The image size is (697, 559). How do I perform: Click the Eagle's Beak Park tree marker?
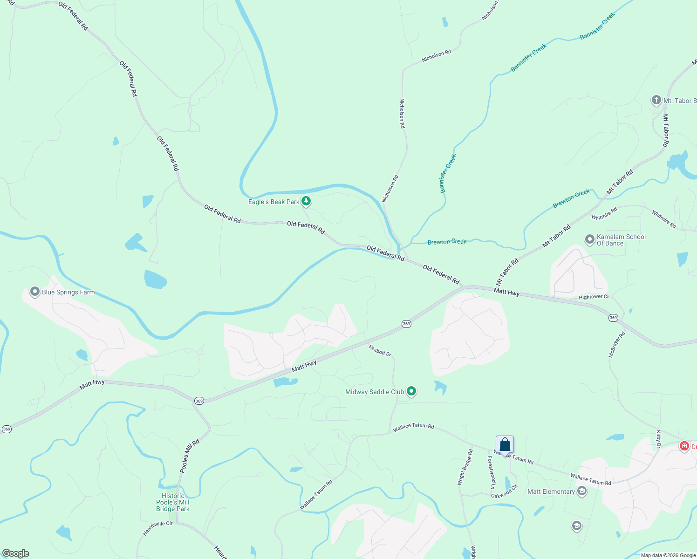tap(306, 201)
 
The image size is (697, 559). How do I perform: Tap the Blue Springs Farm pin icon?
tap(34, 292)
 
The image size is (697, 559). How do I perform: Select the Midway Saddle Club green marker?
tap(411, 391)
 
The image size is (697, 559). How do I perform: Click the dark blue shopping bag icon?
tap(505, 445)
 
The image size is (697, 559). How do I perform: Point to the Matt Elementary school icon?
tap(581, 491)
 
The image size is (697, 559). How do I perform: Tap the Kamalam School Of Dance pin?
tap(589, 239)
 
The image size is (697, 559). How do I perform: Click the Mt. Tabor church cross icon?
tap(656, 100)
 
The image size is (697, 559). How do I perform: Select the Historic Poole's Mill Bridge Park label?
tap(173, 502)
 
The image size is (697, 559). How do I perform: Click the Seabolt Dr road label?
tap(380, 350)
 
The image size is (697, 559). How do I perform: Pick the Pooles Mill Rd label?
tap(190, 456)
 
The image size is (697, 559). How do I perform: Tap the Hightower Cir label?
tap(594, 297)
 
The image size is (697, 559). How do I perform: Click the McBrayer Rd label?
tap(617, 345)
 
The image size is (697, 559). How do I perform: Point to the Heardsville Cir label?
tap(157, 529)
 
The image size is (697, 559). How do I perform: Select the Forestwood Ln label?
tap(491, 472)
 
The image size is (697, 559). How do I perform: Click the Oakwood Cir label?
tap(504, 492)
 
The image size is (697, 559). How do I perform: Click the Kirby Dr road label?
tap(658, 439)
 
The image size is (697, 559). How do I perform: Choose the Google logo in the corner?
tap(16, 553)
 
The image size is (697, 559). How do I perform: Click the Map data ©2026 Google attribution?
tap(668, 555)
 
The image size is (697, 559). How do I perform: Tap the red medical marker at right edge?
tap(684, 446)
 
